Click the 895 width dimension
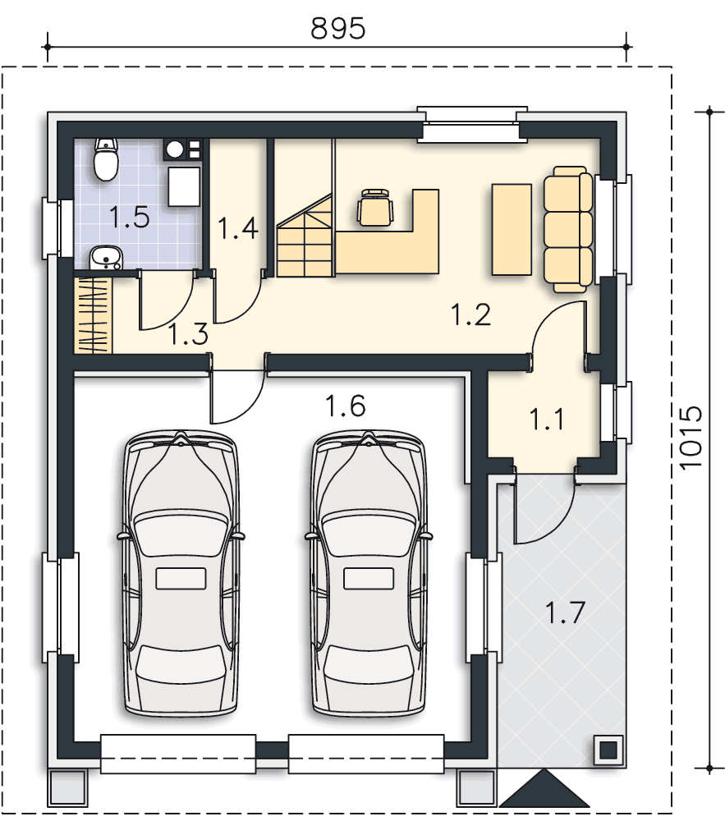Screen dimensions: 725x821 click(337, 28)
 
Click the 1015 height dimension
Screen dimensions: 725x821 click(690, 438)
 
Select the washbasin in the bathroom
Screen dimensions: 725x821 click(106, 258)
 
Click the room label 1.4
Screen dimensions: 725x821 click(238, 227)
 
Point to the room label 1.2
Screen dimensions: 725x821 click(471, 314)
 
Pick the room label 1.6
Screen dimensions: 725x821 click(346, 406)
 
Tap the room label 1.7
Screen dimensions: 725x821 click(565, 612)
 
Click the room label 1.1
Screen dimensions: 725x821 click(547, 419)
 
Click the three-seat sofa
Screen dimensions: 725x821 click(568, 229)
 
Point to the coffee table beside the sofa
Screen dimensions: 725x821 click(512, 229)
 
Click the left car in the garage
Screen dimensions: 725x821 click(181, 571)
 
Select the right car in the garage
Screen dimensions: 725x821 click(369, 571)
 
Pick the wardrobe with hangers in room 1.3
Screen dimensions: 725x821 click(94, 316)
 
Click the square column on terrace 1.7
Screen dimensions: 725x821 click(608, 750)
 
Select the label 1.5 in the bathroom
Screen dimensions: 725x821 click(130, 218)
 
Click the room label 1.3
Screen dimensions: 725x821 click(189, 333)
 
